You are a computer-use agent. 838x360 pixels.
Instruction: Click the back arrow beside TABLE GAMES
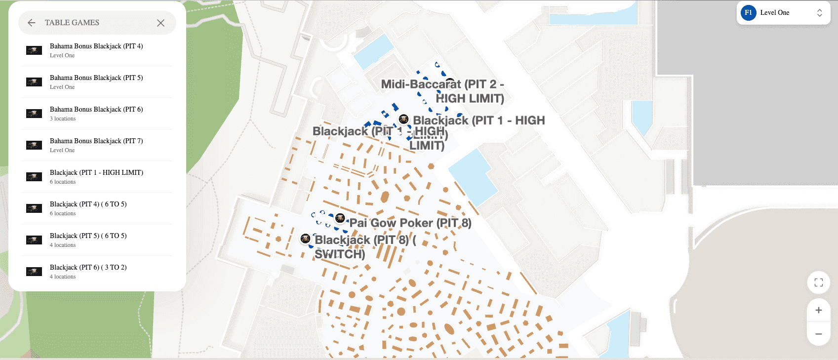coord(32,23)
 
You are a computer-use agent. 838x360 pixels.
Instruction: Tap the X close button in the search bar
coord(160,23)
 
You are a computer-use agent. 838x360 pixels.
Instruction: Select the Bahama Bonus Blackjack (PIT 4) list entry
coord(96,50)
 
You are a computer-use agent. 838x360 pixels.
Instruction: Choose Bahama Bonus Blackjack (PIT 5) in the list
coord(96,81)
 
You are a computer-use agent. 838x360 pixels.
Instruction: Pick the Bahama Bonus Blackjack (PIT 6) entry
coord(96,113)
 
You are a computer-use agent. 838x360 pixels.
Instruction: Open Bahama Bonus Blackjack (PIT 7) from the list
coord(96,145)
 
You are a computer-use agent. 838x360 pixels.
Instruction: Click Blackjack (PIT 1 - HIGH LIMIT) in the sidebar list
coord(96,176)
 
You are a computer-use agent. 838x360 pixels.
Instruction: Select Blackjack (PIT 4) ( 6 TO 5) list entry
coord(88,208)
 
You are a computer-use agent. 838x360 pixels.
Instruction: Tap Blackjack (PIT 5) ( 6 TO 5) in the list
coord(88,240)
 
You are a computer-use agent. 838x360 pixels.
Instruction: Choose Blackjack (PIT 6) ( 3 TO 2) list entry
coord(88,271)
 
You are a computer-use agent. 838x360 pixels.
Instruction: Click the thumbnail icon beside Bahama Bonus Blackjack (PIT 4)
coord(34,50)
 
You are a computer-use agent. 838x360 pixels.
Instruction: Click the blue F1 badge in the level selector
coord(748,13)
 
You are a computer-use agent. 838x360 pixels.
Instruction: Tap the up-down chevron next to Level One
coord(819,13)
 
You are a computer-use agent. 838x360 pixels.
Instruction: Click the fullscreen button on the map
coord(818,282)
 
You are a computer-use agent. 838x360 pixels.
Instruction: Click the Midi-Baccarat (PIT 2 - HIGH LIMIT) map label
coord(442,91)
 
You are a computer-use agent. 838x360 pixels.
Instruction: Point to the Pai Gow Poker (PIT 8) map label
coord(410,223)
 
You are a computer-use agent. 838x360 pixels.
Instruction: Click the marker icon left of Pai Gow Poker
coord(340,218)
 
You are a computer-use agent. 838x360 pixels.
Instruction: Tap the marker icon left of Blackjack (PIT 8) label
coord(305,239)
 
